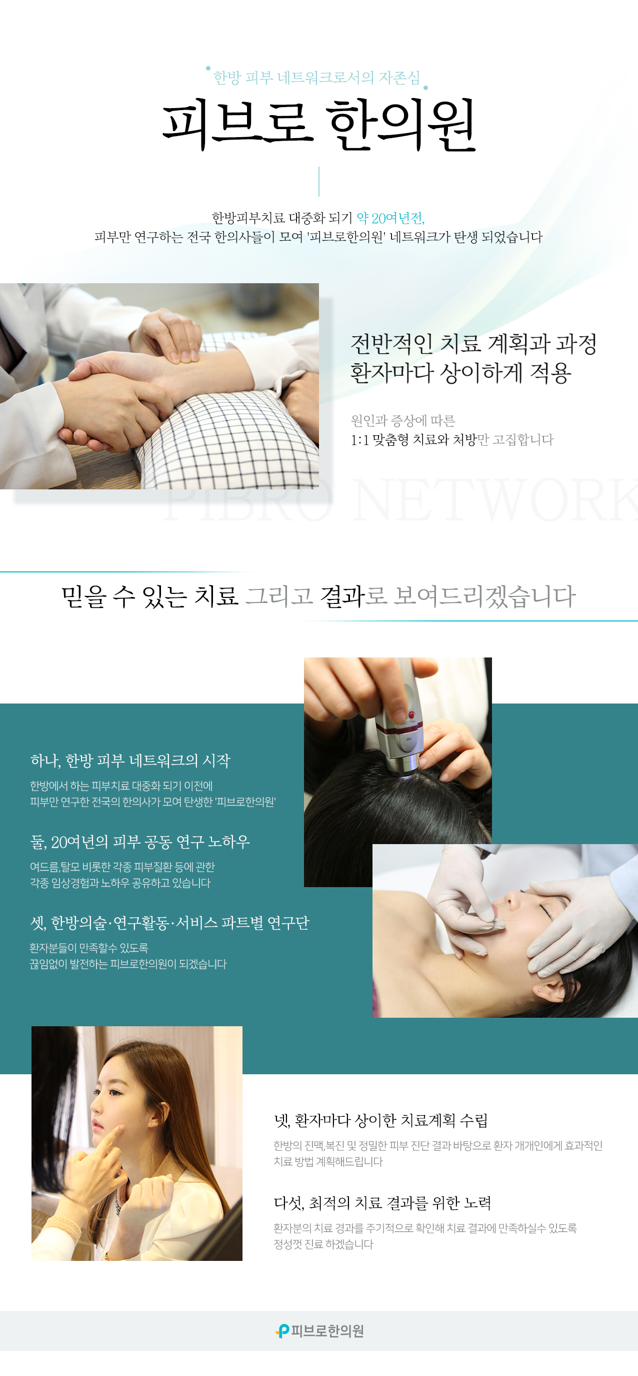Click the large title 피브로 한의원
[x=318, y=125]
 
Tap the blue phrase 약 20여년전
[x=390, y=218]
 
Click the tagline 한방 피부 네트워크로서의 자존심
[x=317, y=78]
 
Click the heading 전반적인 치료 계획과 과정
[x=473, y=343]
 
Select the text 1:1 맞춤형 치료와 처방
[x=413, y=440]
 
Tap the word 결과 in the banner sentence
[x=342, y=596]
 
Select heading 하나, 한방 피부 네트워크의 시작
[x=130, y=760]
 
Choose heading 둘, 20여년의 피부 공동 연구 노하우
[x=140, y=842]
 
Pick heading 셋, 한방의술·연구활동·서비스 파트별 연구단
[x=169, y=923]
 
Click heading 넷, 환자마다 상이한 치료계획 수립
[x=380, y=1120]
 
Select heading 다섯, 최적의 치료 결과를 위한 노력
[x=382, y=1203]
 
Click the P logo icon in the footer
[x=282, y=1330]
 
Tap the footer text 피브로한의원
[x=327, y=1330]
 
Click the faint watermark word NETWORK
[x=496, y=501]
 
